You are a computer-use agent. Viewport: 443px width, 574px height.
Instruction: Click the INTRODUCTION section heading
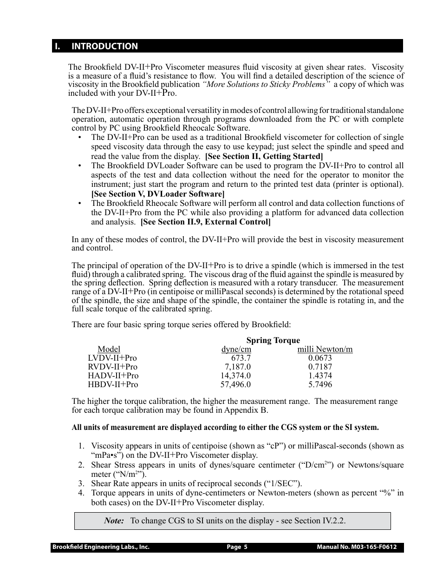click(x=104, y=46)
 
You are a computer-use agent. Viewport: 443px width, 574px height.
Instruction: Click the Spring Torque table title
click(x=273, y=340)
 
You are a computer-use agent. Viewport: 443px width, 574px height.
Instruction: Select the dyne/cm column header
click(x=236, y=349)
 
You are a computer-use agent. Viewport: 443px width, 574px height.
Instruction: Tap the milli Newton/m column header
click(x=325, y=349)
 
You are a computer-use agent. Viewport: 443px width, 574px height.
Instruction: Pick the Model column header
click(x=109, y=349)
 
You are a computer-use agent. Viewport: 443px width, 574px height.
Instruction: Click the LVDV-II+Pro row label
click(x=112, y=358)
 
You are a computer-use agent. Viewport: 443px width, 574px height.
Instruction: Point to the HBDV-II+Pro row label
click(x=113, y=384)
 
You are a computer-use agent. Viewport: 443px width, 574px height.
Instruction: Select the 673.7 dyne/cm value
click(x=241, y=358)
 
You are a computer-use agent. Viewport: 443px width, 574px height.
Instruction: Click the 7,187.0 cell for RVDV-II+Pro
click(x=238, y=367)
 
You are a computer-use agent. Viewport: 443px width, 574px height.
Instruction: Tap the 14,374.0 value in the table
click(x=235, y=376)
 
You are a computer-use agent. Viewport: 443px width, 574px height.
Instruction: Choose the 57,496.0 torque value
click(x=235, y=384)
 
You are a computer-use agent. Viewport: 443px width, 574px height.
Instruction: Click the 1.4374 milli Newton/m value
click(x=320, y=376)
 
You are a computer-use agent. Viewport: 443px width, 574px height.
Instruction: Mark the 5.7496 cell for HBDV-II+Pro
click(x=320, y=384)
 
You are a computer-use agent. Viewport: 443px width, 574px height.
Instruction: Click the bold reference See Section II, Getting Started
click(x=264, y=156)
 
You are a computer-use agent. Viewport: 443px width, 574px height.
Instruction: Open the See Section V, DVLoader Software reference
click(x=158, y=194)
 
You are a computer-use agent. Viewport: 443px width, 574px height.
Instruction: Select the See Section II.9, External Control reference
click(x=205, y=222)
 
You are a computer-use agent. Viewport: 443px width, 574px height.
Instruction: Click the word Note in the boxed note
click(x=114, y=521)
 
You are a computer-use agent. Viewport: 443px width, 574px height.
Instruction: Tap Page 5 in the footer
click(x=237, y=547)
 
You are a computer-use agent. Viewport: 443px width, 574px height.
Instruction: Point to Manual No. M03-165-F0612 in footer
click(x=357, y=547)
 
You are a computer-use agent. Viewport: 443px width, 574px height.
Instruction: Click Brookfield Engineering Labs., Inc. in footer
click(x=101, y=547)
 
